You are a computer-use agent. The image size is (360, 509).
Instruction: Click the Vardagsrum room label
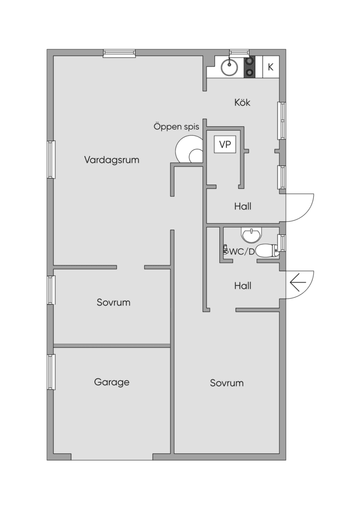(x=112, y=160)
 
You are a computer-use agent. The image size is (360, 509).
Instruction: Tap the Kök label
(x=242, y=102)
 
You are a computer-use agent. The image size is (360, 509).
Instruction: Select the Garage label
(x=112, y=382)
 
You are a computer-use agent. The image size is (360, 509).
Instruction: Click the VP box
(x=225, y=145)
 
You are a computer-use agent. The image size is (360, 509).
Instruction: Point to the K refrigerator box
(x=270, y=67)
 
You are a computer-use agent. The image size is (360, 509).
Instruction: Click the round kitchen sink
(x=230, y=67)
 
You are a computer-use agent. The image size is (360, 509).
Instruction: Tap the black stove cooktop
(x=249, y=67)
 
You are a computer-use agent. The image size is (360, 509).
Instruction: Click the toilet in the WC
(x=268, y=251)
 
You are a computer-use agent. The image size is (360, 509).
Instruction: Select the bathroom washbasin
(x=251, y=235)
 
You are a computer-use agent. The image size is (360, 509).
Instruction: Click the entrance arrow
(x=298, y=282)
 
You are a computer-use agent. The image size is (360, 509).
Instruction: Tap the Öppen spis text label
(x=176, y=126)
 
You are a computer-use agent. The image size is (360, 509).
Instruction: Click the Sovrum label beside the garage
(x=227, y=383)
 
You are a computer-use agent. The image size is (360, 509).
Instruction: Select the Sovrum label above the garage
(x=113, y=302)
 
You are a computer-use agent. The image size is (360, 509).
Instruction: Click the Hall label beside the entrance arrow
(x=243, y=286)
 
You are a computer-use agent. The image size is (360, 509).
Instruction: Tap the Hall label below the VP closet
(x=243, y=206)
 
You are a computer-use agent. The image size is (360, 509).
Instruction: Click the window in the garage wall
(x=51, y=372)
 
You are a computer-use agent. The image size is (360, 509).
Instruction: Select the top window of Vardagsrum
(x=119, y=54)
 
